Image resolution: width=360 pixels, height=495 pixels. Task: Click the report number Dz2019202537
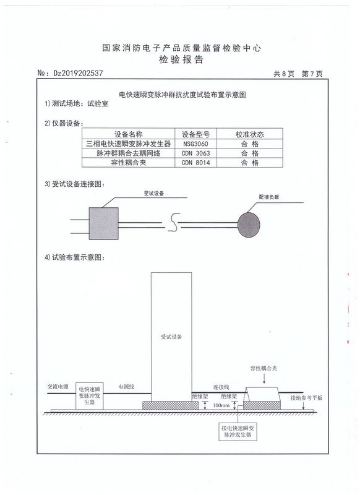(78, 73)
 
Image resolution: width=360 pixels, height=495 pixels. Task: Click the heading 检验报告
(181, 59)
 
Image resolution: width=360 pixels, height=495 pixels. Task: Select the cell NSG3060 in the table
(195, 144)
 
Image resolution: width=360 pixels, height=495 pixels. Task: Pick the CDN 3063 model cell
(195, 153)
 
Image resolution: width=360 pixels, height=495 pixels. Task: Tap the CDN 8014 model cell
(195, 163)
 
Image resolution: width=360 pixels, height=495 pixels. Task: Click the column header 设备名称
(129, 134)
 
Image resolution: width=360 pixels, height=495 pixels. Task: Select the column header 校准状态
(249, 134)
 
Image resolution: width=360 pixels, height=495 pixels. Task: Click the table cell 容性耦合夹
(129, 163)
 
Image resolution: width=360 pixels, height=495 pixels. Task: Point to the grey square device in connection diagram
(103, 223)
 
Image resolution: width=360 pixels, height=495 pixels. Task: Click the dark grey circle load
(249, 225)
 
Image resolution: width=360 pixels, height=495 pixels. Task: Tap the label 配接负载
(269, 197)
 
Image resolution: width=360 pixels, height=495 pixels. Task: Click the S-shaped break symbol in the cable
(174, 223)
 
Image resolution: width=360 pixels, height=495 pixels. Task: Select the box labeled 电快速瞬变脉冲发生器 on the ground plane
(90, 396)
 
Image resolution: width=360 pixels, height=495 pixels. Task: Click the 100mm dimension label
(221, 405)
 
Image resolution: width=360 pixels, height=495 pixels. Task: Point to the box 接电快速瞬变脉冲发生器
(238, 431)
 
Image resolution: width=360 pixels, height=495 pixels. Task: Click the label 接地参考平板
(306, 398)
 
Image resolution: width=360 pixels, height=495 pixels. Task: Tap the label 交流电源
(58, 387)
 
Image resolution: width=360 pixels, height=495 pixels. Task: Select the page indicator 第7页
(312, 74)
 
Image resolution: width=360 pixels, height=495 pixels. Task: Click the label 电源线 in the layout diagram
(126, 387)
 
